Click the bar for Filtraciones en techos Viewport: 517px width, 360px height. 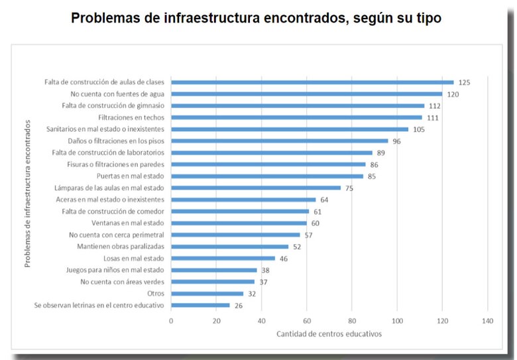[x=296, y=117]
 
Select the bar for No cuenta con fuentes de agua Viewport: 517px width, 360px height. [x=306, y=94]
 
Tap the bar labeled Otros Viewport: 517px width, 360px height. [x=207, y=294]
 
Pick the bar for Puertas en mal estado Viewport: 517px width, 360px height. [x=267, y=176]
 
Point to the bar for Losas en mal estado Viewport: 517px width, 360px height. [x=223, y=259]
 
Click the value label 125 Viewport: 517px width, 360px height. [x=464, y=82]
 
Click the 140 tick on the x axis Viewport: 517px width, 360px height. [x=487, y=321]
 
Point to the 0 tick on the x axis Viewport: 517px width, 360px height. [x=171, y=321]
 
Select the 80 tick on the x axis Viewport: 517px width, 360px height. [x=352, y=321]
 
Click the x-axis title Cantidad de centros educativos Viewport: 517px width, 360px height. [x=329, y=333]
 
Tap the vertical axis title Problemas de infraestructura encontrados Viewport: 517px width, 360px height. [x=28, y=194]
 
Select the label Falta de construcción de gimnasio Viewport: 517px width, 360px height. [x=113, y=106]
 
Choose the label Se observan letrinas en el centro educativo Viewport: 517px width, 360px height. [x=99, y=306]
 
